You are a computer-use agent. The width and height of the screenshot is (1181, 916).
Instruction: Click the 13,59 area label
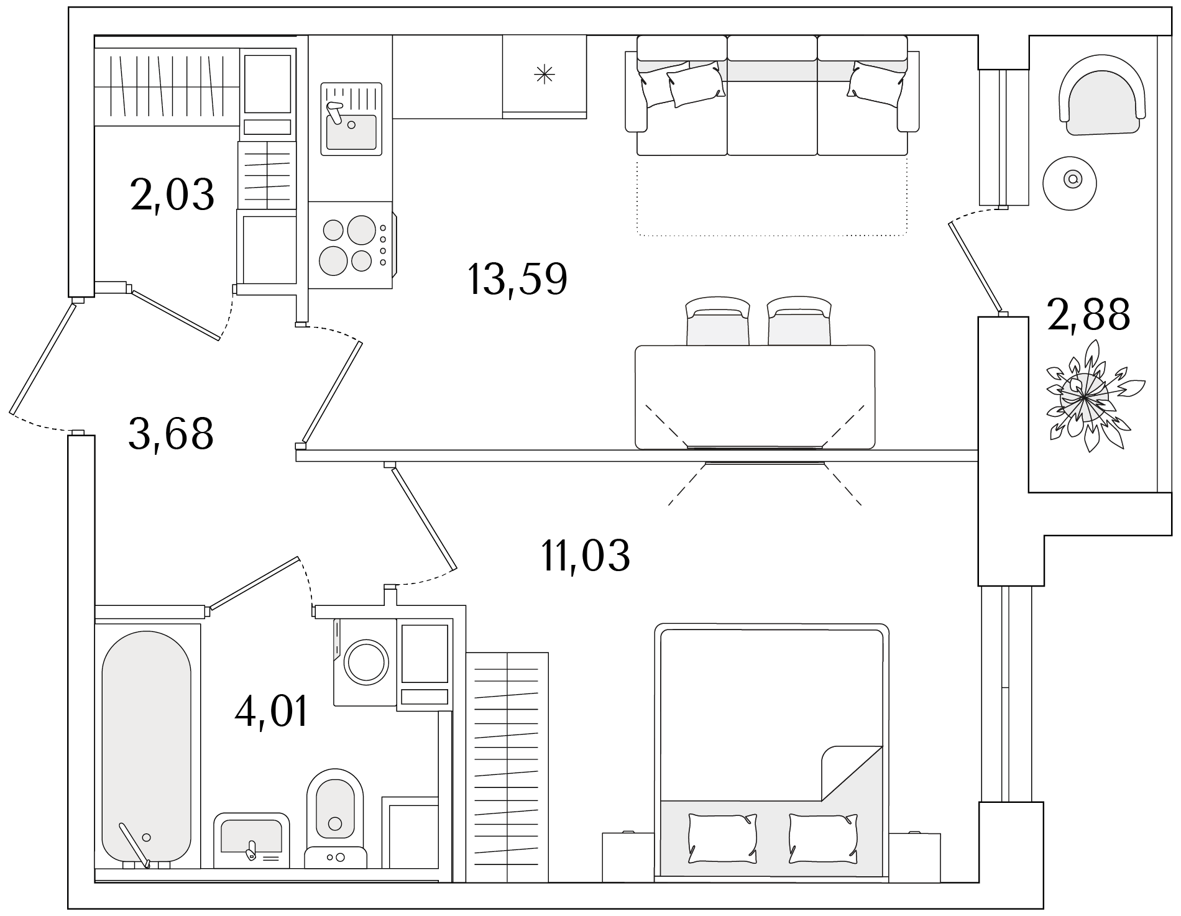[517, 280]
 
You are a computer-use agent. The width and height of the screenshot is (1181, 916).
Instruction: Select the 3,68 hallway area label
[171, 434]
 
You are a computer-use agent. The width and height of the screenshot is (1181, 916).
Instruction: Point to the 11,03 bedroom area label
[586, 555]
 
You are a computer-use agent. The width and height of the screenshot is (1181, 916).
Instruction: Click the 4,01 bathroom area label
[272, 712]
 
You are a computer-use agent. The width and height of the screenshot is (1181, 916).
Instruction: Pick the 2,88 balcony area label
[1088, 314]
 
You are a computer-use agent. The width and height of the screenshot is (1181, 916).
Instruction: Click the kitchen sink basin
[352, 132]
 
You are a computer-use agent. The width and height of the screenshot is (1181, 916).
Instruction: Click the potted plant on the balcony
[1085, 396]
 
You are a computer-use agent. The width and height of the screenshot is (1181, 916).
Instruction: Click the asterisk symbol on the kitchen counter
[545, 75]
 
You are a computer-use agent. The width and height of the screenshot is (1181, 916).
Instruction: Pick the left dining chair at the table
[717, 321]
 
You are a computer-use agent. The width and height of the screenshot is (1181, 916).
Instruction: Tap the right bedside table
[914, 857]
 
